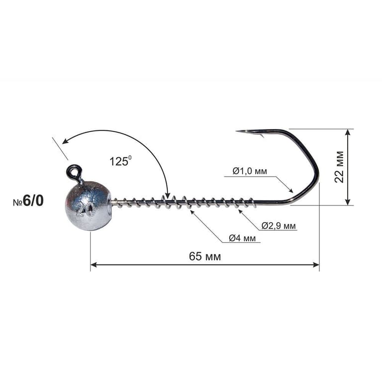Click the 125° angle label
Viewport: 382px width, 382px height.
coord(120,161)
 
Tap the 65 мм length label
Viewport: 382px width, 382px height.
coord(205,257)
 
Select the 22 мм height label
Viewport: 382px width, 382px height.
coord(340,166)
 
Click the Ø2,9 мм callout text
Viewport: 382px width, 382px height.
coord(279,226)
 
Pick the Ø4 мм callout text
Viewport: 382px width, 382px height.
coord(242,239)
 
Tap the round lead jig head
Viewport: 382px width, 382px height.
coord(88,205)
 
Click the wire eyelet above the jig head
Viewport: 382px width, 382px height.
coord(75,172)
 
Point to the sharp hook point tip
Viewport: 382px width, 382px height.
coord(238,131)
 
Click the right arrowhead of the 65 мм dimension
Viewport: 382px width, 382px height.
coord(316,265)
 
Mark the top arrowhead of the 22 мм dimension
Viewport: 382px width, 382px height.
coord(348,132)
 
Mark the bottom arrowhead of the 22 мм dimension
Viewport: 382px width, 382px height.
coord(348,202)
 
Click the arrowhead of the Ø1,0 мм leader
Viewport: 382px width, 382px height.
coord(291,191)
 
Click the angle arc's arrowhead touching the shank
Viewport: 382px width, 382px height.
coord(168,195)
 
